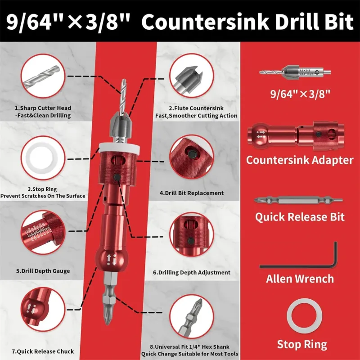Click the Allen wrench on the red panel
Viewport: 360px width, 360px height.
298,266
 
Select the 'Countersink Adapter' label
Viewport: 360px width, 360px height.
300,160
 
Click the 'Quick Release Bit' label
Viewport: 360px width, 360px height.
300,217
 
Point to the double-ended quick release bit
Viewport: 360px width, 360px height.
298,200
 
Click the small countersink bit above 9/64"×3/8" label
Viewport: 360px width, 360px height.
295,72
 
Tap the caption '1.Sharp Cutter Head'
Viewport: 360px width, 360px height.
43,108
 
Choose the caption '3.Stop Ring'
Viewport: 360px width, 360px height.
42,189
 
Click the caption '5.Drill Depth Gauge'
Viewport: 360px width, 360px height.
43,271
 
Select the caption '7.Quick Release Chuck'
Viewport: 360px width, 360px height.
43,351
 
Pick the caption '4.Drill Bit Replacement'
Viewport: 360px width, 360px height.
192,193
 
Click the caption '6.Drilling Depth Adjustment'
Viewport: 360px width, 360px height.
192,272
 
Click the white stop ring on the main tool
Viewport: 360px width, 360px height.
119,148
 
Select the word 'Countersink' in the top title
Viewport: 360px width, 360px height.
205,22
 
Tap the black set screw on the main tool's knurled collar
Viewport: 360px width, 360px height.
117,177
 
